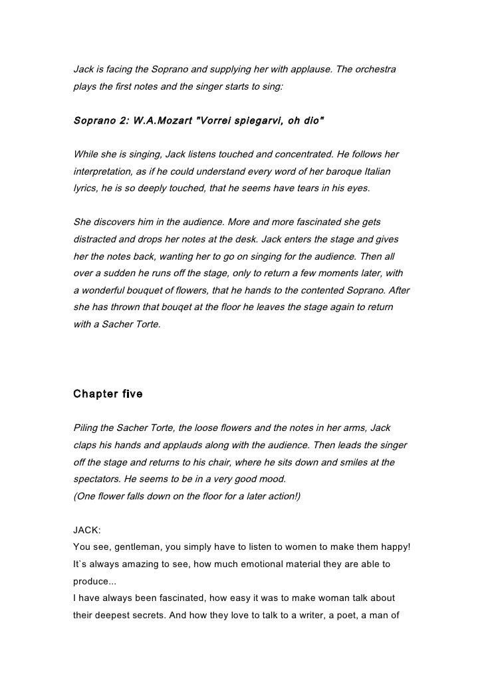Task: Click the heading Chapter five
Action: click(x=107, y=394)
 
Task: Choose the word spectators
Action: click(x=98, y=479)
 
